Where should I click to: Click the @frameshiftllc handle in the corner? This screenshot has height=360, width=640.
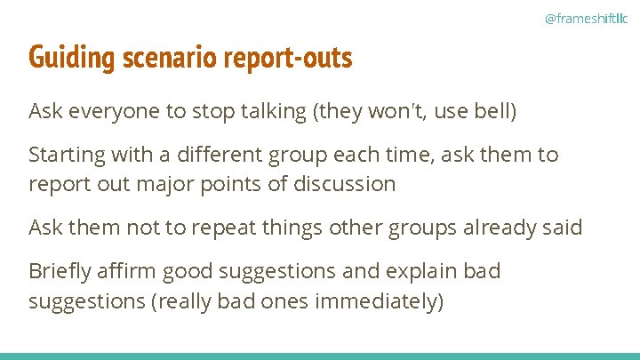(585, 18)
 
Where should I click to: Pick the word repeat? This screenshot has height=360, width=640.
(196, 228)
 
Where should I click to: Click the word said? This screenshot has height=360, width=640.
(562, 228)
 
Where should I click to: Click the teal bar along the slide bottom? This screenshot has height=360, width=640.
(320, 356)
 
